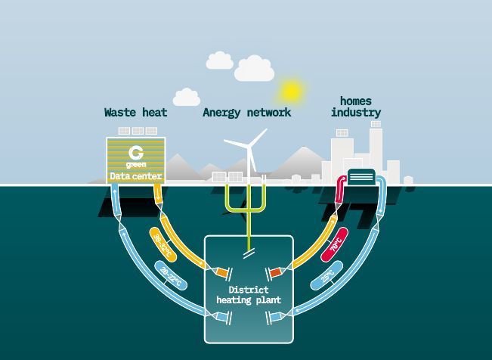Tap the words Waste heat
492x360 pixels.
click(x=135, y=113)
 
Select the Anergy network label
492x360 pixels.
click(x=246, y=113)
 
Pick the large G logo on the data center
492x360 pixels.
click(x=136, y=151)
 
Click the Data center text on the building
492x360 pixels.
click(x=136, y=177)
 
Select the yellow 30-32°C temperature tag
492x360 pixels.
click(x=163, y=244)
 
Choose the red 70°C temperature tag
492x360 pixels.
click(x=334, y=244)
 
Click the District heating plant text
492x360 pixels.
click(x=248, y=295)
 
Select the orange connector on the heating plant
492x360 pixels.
click(x=221, y=272)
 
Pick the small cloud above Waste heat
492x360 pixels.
click(x=186, y=97)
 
